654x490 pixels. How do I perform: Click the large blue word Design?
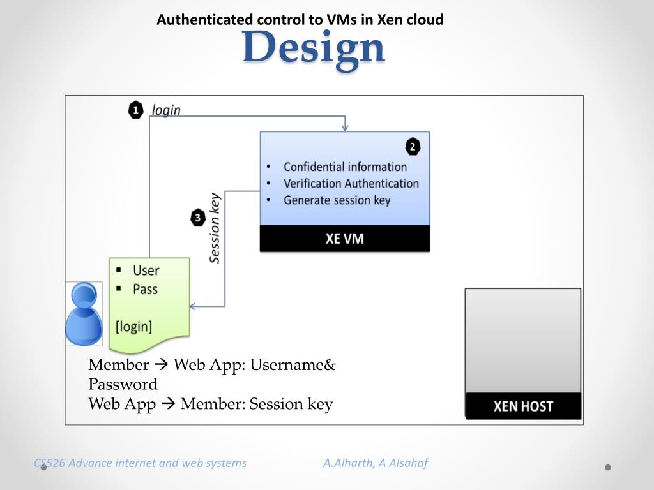[x=314, y=47]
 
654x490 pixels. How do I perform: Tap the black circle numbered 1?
[x=135, y=110]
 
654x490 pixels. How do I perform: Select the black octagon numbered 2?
[x=413, y=147]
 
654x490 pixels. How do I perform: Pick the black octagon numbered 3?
[x=198, y=218]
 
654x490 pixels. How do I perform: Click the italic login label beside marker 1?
[x=166, y=110]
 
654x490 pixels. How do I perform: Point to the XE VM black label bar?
[x=345, y=239]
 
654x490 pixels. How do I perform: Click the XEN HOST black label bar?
[x=523, y=406]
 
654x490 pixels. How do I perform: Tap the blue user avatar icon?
[x=84, y=314]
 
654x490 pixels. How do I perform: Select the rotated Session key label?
[x=215, y=228]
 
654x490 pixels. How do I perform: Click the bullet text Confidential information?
[x=345, y=167]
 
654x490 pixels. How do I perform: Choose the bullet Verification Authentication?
[x=351, y=184]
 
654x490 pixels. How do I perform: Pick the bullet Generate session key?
[x=337, y=200]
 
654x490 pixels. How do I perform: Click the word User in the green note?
[x=146, y=271]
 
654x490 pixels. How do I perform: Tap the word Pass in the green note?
[x=145, y=289]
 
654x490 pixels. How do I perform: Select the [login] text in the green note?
[x=134, y=327]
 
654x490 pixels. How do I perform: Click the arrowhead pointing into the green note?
[x=193, y=306]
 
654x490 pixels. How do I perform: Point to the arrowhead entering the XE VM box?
[x=345, y=128]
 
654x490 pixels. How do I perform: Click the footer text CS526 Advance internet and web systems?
[x=140, y=463]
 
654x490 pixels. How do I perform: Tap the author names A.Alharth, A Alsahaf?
[x=375, y=463]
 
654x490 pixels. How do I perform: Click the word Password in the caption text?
[x=123, y=384]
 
